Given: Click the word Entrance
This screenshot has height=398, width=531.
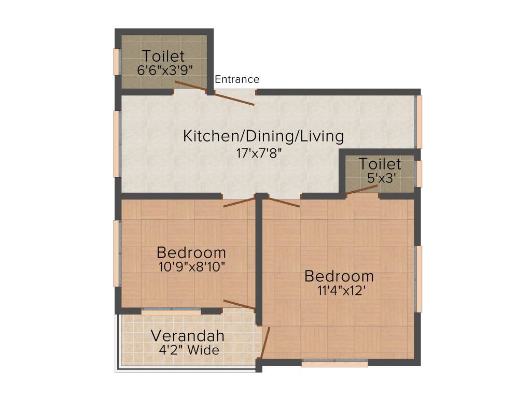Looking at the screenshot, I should pyautogui.click(x=237, y=80).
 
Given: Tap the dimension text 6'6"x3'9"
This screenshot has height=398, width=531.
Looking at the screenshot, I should pyautogui.click(x=163, y=70).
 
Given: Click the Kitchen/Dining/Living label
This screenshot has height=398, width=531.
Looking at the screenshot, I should pyautogui.click(x=263, y=136).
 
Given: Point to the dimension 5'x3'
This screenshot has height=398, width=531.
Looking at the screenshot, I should pyautogui.click(x=380, y=177).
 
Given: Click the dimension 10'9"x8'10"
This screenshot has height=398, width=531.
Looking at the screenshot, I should pyautogui.click(x=191, y=267).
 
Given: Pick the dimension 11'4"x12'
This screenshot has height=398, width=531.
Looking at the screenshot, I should pyautogui.click(x=339, y=290).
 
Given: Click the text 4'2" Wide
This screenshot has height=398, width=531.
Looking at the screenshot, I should pyautogui.click(x=189, y=350).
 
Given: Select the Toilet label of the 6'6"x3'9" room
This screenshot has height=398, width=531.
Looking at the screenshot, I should pyautogui.click(x=163, y=55).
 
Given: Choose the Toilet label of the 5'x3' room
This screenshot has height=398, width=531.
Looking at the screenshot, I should pyautogui.click(x=380, y=164).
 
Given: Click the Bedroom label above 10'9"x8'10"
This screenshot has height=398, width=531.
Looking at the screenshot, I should pyautogui.click(x=191, y=253).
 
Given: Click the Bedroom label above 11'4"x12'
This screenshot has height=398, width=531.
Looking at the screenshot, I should pyautogui.click(x=339, y=276).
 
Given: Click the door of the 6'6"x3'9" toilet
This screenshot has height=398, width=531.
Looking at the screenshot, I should pyautogui.click(x=191, y=87).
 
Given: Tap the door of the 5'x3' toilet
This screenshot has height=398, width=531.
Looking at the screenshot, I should pyautogui.click(x=361, y=190).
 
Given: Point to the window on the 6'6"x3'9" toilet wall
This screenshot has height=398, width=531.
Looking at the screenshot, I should pyautogui.click(x=117, y=62).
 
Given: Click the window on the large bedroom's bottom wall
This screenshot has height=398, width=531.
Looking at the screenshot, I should pyautogui.click(x=334, y=363).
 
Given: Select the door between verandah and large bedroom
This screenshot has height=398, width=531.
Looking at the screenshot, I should pyautogui.click(x=265, y=343).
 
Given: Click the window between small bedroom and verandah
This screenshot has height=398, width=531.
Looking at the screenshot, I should pyautogui.click(x=171, y=312).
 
